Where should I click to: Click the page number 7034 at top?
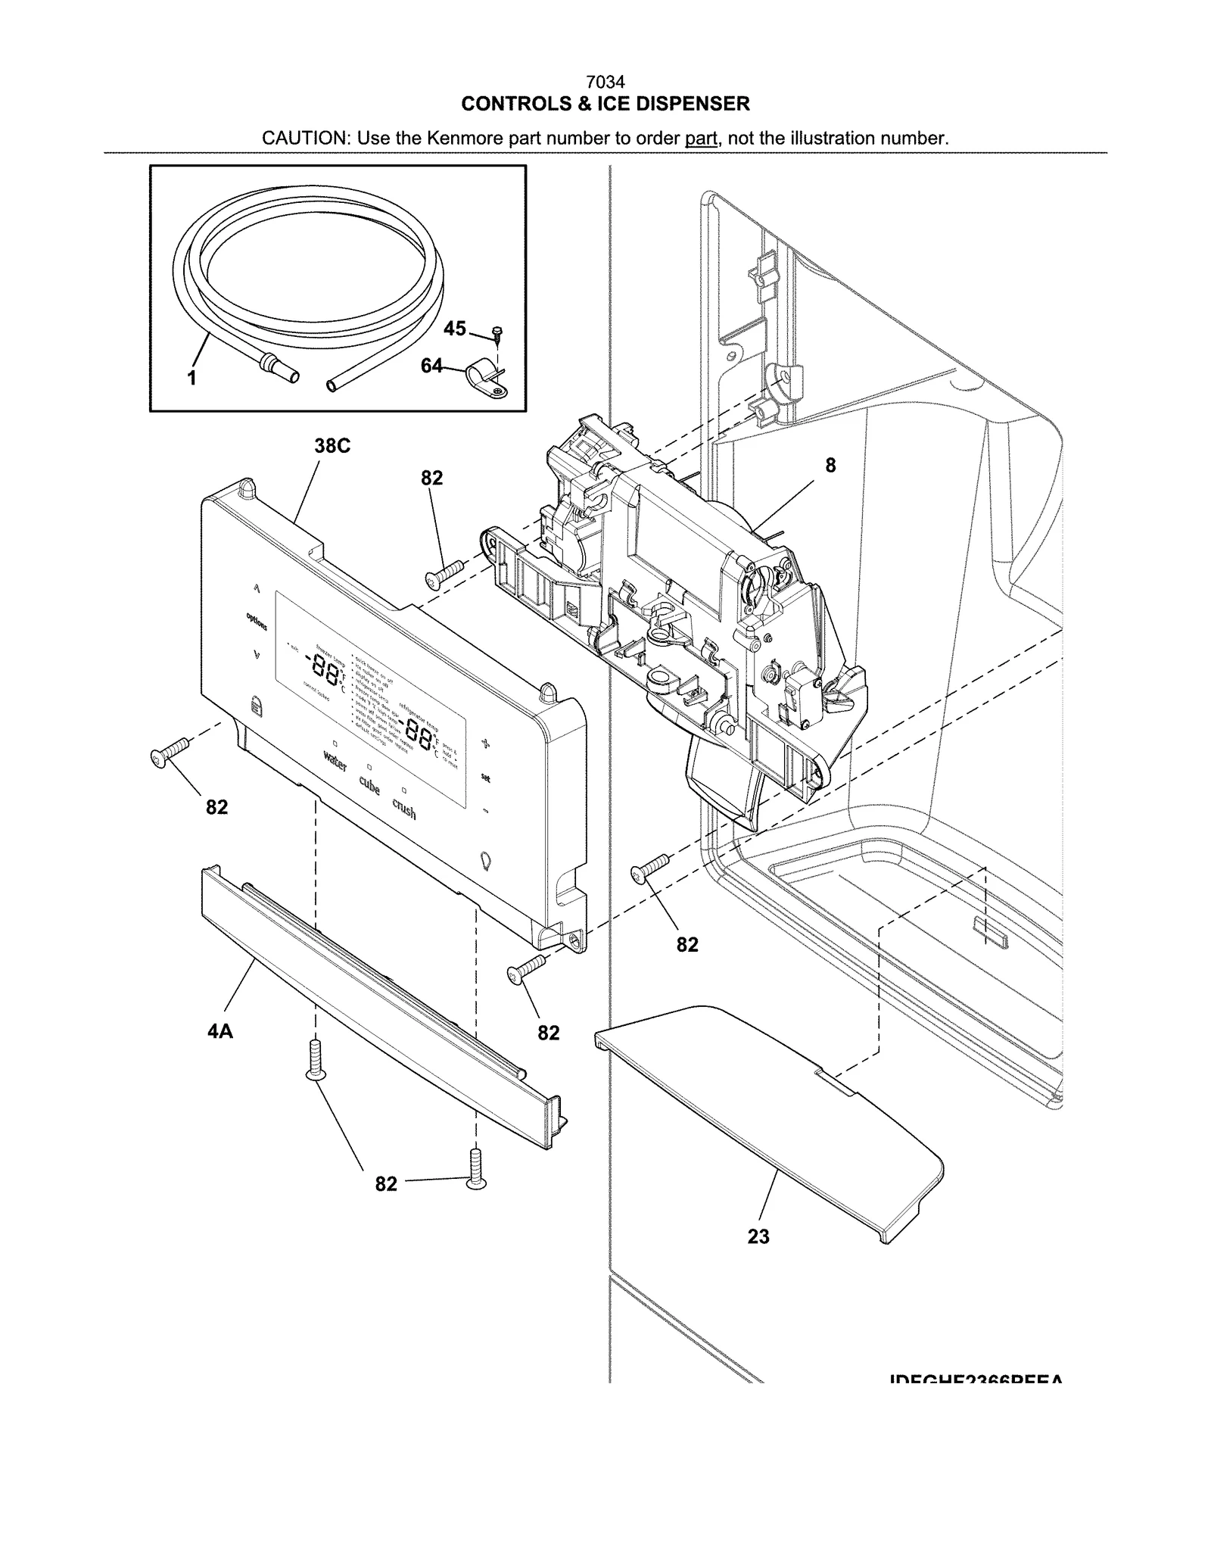click(x=605, y=81)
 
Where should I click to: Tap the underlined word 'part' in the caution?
click(x=701, y=139)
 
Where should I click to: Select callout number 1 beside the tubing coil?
click(x=192, y=378)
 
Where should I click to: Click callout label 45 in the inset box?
click(x=454, y=329)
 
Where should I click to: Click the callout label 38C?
click(x=332, y=446)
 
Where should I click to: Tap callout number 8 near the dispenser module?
click(x=830, y=466)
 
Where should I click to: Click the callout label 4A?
click(x=219, y=1030)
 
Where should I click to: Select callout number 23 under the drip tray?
click(x=758, y=1236)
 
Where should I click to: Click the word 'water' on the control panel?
click(x=335, y=760)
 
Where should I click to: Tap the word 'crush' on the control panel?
click(x=403, y=809)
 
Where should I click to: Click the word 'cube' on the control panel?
click(x=369, y=784)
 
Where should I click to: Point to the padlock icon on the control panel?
click(x=254, y=705)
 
